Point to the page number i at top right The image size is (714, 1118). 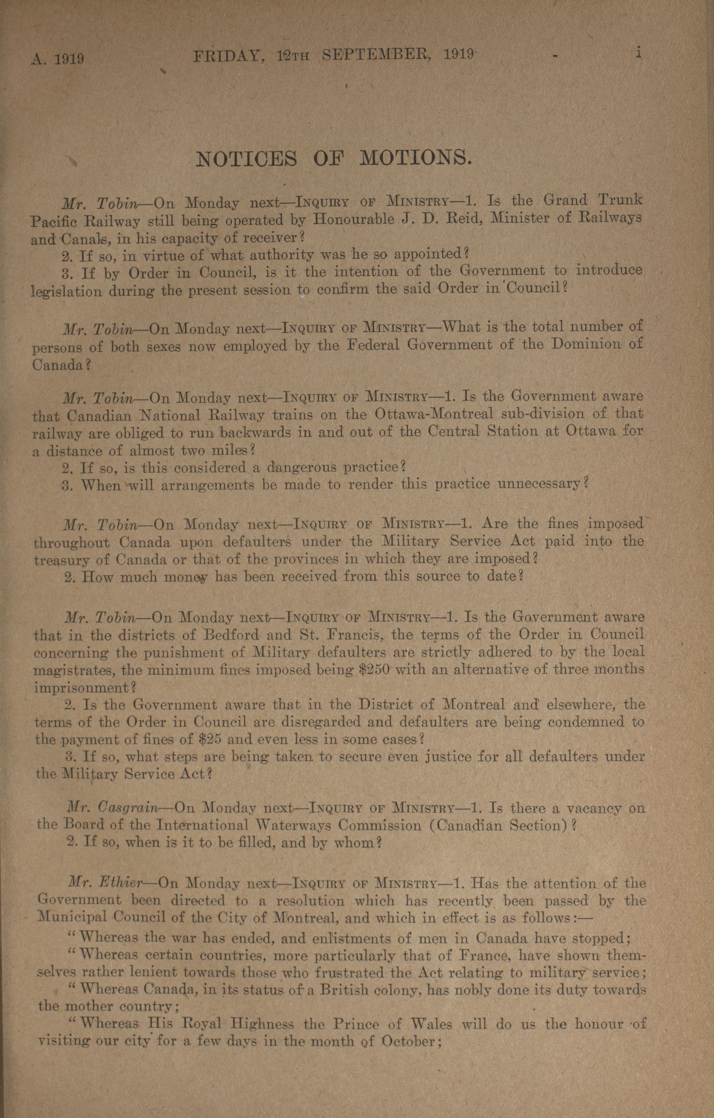(639, 53)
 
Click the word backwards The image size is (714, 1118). (256, 433)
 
